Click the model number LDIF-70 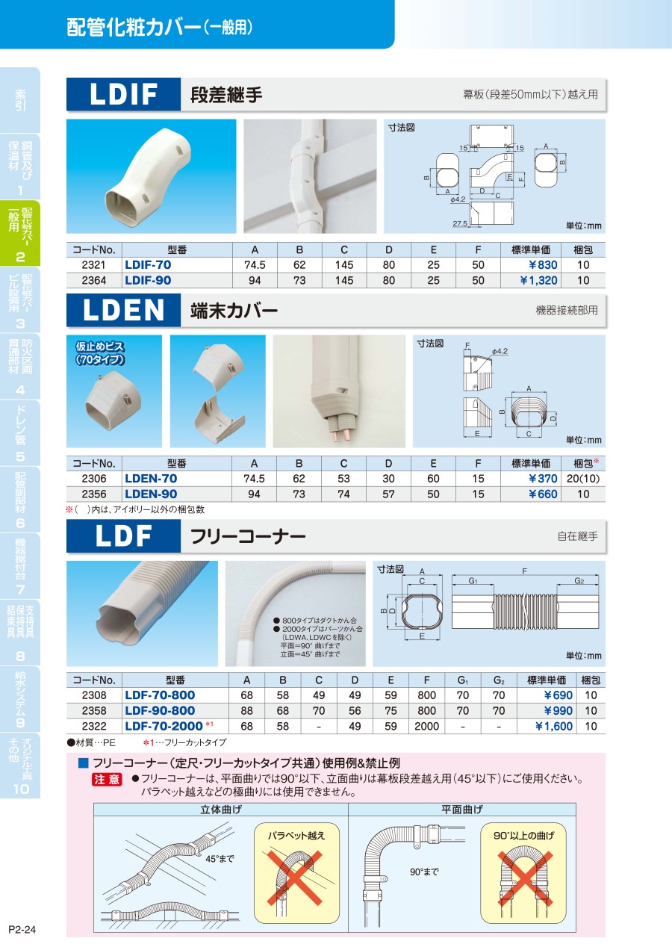point(148,265)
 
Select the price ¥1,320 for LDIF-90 point(538,280)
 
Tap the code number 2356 point(94,494)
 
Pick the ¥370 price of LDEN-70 point(543,479)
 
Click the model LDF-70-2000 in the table point(164,727)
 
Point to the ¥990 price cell point(558,711)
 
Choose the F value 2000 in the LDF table point(426,727)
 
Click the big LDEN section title point(123,311)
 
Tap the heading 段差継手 point(226,95)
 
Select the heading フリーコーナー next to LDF point(248,536)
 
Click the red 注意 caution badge point(107,780)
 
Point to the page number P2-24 point(22,930)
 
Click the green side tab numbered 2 point(20,233)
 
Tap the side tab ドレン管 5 point(20,433)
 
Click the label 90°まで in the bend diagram point(424,872)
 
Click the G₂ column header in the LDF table point(499,680)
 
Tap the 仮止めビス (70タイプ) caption point(100,353)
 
